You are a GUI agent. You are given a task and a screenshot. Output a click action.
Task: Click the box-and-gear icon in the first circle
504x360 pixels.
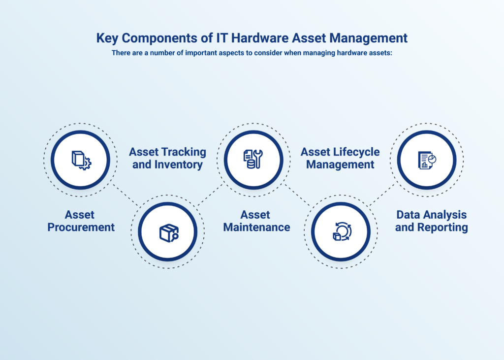click(81, 160)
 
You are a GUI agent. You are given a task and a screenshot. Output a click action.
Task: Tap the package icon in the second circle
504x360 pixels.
click(168, 232)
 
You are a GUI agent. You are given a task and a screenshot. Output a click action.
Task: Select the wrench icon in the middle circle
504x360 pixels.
click(253, 160)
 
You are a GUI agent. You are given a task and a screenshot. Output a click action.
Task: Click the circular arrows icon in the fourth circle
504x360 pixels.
click(342, 232)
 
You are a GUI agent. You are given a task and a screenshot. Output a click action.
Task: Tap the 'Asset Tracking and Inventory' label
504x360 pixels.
click(167, 158)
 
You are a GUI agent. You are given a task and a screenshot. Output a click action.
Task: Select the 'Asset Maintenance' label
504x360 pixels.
click(256, 221)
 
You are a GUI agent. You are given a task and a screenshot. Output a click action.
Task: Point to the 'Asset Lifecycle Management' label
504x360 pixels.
click(340, 158)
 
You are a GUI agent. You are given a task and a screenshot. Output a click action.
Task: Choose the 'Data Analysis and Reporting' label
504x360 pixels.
click(431, 221)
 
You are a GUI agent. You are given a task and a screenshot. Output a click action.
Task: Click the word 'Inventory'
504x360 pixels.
click(177, 164)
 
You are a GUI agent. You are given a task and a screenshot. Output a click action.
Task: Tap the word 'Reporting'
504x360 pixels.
click(442, 228)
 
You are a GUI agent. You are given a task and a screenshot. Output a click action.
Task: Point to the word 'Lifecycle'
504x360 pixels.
click(355, 152)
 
